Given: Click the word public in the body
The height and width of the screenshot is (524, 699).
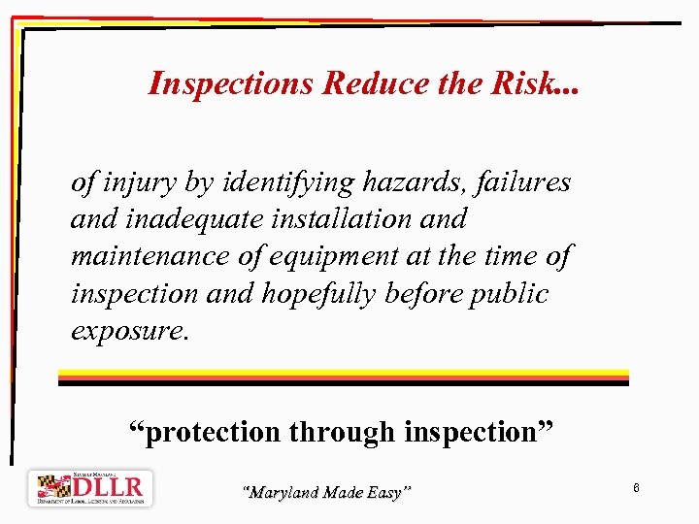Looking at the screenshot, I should (x=510, y=293).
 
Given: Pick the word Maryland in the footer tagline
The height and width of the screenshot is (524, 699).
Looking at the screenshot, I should (x=283, y=493).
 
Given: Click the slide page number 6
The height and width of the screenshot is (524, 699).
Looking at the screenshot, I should (x=635, y=487).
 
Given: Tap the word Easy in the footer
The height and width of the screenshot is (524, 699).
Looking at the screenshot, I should (x=385, y=493).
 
